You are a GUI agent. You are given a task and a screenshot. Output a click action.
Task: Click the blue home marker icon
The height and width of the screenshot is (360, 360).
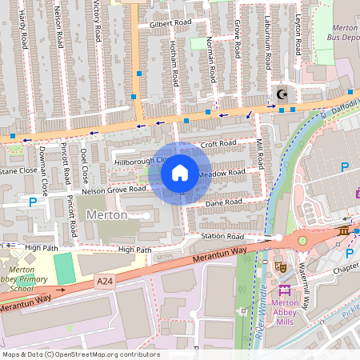[x=180, y=173]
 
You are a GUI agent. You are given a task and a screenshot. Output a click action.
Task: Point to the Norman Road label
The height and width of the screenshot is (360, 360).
[x=210, y=60]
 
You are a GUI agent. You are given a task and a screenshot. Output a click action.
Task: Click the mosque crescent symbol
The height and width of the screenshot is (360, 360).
[x=281, y=94]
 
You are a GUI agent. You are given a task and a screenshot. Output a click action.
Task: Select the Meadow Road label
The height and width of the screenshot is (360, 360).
[x=222, y=173]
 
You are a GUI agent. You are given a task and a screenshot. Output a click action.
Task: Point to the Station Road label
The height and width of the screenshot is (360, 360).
[x=222, y=237]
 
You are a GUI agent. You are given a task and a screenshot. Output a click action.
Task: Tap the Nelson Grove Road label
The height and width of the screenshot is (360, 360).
[x=114, y=190]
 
